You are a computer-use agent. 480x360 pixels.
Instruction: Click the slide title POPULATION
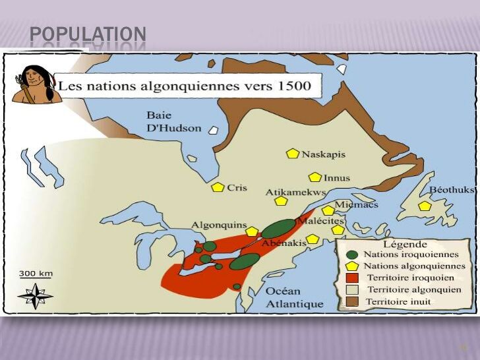(88, 34)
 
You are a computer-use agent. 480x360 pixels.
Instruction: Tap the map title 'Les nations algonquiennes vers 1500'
(189, 86)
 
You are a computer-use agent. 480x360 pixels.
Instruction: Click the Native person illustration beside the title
(36, 84)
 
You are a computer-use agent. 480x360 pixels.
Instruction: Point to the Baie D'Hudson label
(173, 121)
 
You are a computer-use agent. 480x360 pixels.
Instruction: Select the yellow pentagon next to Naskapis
(292, 154)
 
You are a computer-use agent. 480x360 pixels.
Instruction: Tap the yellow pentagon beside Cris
(218, 187)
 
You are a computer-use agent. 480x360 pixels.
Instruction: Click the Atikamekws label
(296, 192)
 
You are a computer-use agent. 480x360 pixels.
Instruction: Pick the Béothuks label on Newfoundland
(452, 189)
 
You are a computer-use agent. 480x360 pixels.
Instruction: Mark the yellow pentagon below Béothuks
(425, 206)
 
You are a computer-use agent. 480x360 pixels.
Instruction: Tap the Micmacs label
(356, 204)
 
